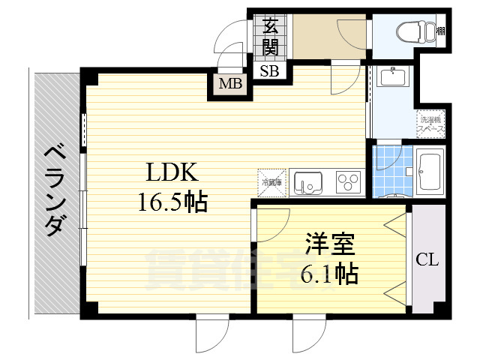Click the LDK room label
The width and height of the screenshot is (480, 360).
tap(172, 173)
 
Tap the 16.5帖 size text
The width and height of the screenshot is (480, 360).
tap(172, 202)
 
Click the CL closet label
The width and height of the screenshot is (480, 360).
tap(427, 261)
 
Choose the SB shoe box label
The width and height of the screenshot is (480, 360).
tap(268, 72)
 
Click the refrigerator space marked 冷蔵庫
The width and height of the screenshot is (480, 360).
tap(271, 181)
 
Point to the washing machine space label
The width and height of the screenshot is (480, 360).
tap(431, 124)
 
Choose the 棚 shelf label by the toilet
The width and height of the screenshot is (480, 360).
tap(442, 31)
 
